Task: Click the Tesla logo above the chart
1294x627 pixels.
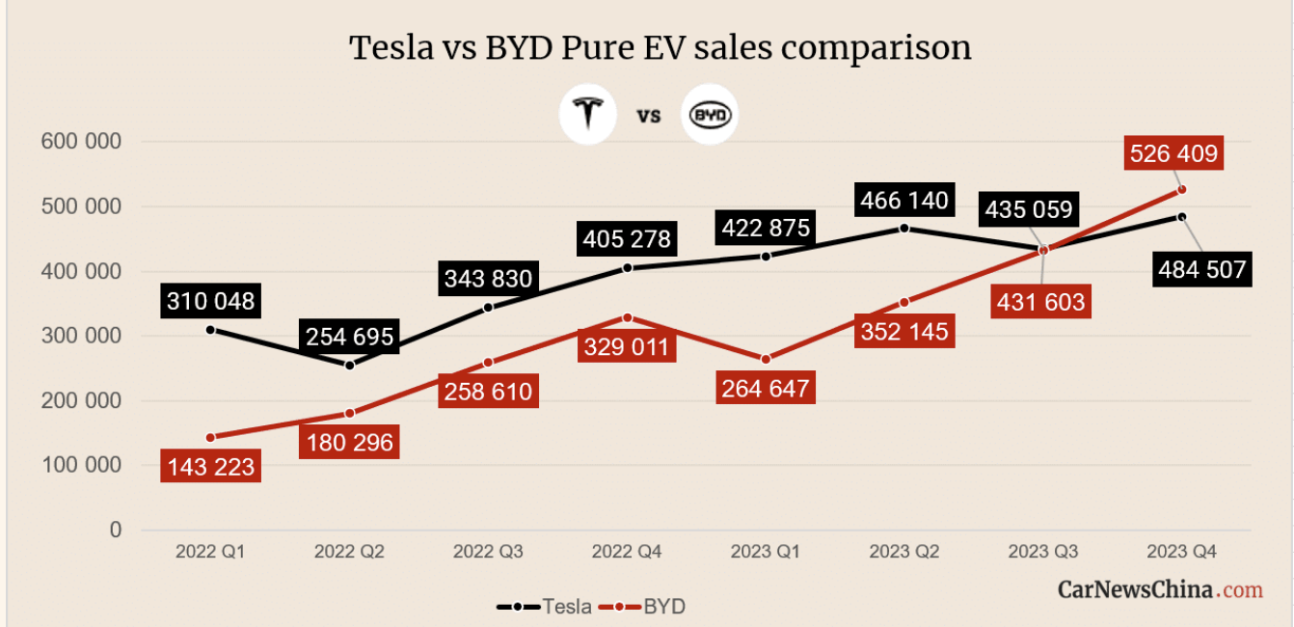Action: pos(588,116)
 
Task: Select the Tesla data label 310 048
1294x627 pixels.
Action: pos(209,301)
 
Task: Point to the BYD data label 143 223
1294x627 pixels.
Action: pos(209,467)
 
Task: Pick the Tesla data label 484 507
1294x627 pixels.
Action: pos(1201,269)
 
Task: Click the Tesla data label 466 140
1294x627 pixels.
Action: pos(903,201)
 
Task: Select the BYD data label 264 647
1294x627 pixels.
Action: pos(765,388)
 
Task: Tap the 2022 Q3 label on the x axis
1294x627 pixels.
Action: pos(487,552)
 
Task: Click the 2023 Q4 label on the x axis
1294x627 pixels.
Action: pos(1181,552)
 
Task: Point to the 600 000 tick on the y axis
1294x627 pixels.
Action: pos(81,142)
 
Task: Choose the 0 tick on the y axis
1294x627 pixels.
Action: pos(116,530)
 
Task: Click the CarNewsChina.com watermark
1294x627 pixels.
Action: pos(1160,588)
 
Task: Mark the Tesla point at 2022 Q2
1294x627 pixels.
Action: pos(349,365)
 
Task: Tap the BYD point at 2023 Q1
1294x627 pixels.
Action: pos(766,359)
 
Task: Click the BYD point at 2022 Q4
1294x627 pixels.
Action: pos(627,317)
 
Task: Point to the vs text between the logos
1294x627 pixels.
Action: pos(649,117)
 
